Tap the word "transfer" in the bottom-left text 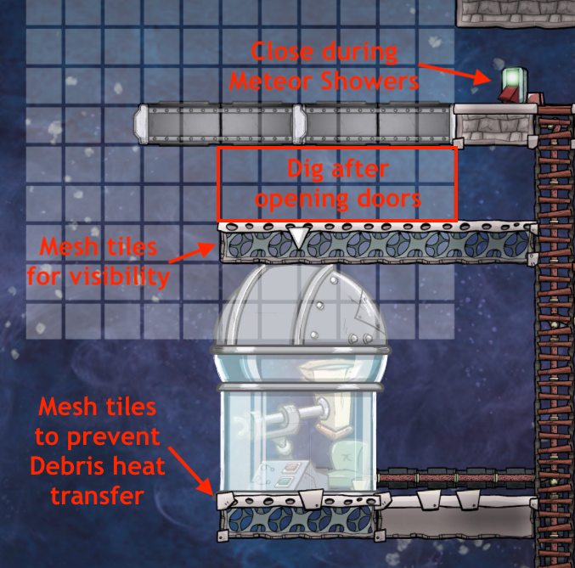tap(93, 495)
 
